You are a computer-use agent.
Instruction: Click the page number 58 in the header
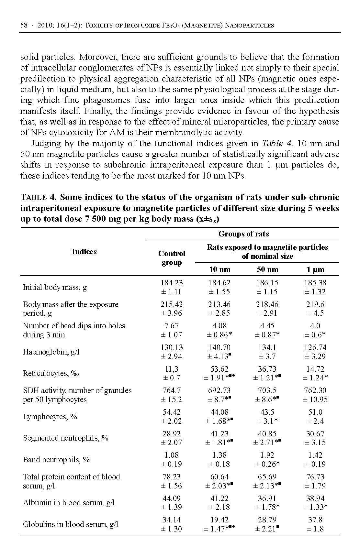pos(24,25)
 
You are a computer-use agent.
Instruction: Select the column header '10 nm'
pos(219,269)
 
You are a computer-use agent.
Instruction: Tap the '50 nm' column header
pos(267,269)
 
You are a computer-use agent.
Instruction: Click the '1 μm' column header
pos(315,269)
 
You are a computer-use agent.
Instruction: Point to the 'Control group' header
pos(172,258)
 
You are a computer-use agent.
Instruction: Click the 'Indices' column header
pos(84,252)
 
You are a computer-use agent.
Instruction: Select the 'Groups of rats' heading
pos(243,234)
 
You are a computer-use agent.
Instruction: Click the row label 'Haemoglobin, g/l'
pos(51,352)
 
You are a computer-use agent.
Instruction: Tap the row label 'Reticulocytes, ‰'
pos(51,373)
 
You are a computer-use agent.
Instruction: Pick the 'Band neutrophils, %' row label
pos(56,460)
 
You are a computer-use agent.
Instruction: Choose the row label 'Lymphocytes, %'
pos(50,416)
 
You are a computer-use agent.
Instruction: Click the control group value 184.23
pos(172,283)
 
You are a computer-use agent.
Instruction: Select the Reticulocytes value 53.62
pos(219,369)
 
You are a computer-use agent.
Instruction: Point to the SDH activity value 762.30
pos(315,390)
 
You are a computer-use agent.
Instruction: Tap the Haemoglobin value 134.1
pos(267,347)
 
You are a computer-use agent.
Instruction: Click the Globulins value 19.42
pos(219,520)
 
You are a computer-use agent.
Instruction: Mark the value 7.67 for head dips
pos(172,326)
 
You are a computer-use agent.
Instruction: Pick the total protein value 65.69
pos(267,477)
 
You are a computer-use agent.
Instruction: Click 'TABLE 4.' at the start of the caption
pos(39,197)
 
